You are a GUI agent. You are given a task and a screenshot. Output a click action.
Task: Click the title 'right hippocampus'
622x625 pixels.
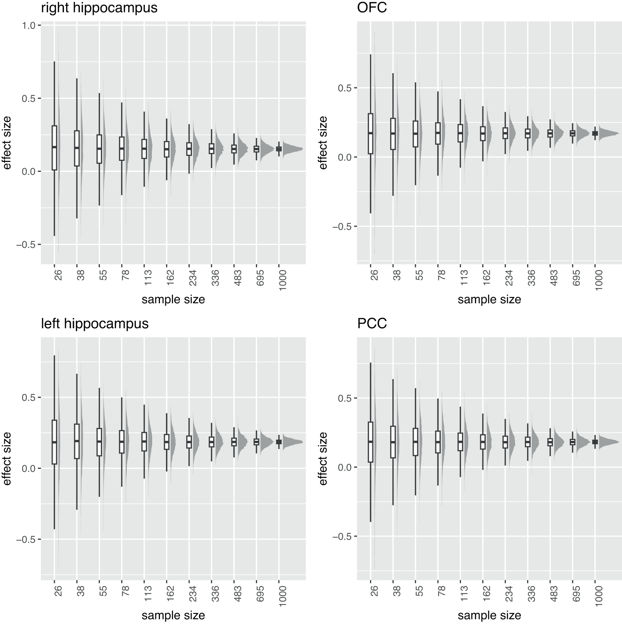pos(99,8)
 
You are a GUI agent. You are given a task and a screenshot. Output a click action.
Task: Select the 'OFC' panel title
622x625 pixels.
pos(372,8)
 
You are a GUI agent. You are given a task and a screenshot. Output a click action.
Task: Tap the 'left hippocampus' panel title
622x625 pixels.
pos(95,324)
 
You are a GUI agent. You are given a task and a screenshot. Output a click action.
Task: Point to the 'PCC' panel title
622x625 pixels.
pos(372,324)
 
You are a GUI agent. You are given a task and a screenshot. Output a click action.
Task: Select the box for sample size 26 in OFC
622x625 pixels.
pos(370,134)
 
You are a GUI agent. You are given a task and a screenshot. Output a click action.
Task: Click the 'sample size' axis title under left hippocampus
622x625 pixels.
pos(173,615)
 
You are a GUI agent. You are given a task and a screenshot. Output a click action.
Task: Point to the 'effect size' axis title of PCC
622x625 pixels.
pos(323,458)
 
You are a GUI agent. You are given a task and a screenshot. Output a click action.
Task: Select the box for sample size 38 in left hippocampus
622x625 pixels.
pos(77,441)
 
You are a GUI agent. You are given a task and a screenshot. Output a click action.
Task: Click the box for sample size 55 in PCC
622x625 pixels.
pos(415,442)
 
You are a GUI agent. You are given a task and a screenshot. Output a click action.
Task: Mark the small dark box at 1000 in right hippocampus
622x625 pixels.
pos(279,149)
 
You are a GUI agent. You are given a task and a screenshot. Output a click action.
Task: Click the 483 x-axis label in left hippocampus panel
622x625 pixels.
pos(237,597)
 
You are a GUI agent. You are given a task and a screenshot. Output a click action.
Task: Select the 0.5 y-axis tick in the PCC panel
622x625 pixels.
pos(344,398)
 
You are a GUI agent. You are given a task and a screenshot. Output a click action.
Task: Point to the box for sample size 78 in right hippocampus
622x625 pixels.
pos(122,148)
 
